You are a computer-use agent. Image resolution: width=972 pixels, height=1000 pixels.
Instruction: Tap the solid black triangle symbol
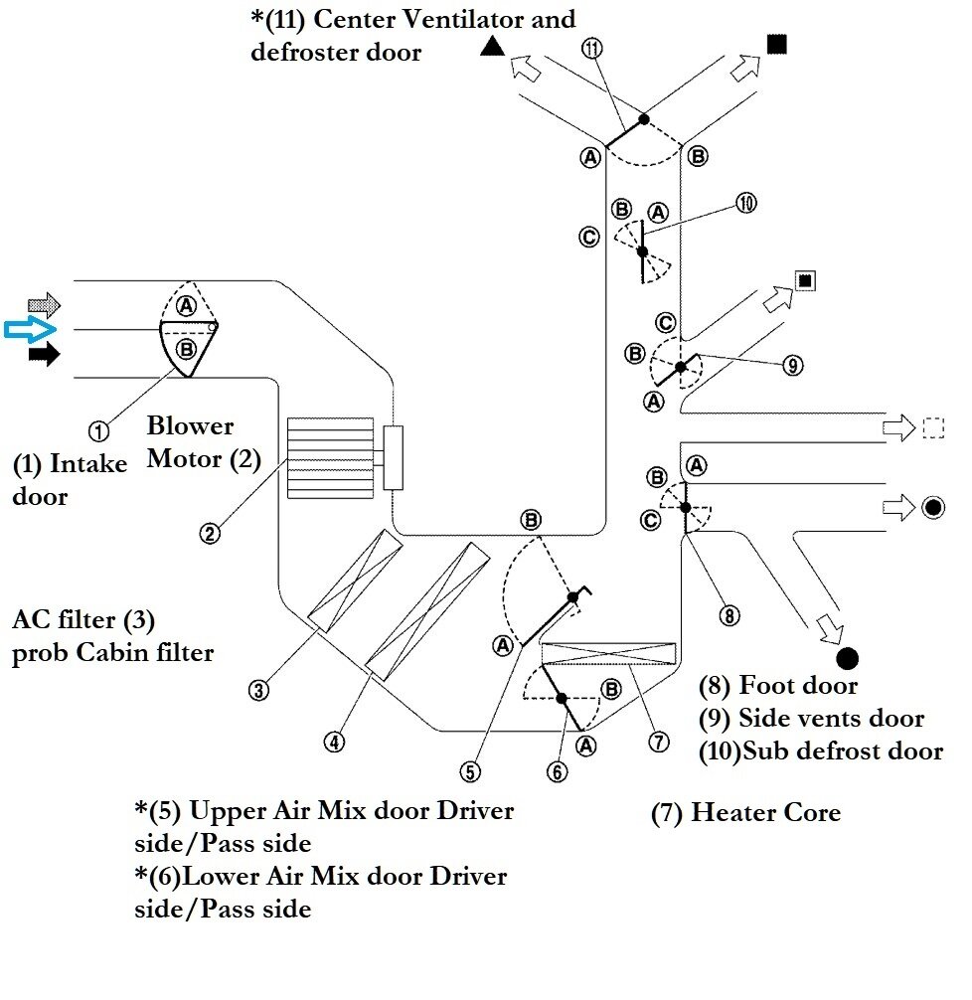click(490, 45)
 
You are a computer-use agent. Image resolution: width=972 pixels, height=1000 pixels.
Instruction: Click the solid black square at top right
click(777, 44)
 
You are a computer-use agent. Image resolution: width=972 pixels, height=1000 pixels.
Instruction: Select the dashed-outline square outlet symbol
click(932, 428)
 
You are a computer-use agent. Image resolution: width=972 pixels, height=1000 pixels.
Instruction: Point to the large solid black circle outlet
click(848, 657)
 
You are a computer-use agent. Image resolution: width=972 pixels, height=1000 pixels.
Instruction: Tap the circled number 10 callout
click(746, 203)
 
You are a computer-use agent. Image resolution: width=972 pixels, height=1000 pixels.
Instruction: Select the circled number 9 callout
click(792, 366)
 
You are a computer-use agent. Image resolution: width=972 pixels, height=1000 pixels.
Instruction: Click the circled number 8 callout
click(729, 615)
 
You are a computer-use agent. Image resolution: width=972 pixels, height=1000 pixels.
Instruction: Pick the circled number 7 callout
click(657, 741)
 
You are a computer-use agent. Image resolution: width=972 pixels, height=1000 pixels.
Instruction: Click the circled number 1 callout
click(98, 429)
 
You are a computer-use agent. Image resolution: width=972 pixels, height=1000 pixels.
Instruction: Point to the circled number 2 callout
click(209, 533)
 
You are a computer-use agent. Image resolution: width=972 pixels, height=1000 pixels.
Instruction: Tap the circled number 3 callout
click(258, 689)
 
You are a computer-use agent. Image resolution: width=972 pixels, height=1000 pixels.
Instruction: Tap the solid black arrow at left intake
click(44, 353)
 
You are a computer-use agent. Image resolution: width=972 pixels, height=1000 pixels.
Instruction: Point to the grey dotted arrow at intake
click(44, 304)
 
